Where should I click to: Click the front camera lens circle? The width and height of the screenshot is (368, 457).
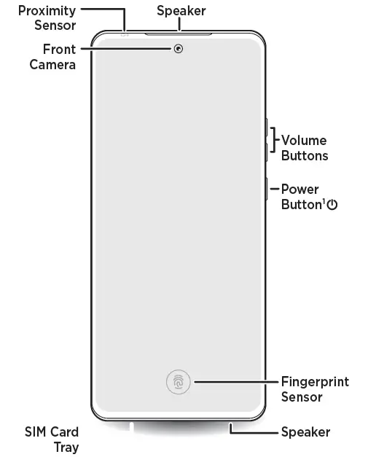(179, 49)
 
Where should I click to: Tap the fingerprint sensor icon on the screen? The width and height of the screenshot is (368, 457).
(179, 382)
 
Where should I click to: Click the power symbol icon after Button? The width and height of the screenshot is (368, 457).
(332, 205)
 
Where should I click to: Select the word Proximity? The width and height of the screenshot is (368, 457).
(47, 11)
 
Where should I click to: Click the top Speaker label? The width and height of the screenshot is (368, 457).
(181, 11)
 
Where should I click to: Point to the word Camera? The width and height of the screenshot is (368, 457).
(52, 64)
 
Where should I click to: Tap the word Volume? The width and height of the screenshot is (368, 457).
(304, 140)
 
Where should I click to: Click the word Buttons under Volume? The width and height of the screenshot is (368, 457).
(305, 156)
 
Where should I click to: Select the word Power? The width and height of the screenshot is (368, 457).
(300, 190)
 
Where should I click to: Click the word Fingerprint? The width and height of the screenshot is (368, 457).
(315, 382)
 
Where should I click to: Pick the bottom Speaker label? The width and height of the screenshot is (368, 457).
(305, 432)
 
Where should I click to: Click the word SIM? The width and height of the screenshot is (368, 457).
(34, 432)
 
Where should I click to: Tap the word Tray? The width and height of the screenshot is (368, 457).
(66, 448)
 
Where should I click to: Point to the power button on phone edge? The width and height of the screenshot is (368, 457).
(266, 189)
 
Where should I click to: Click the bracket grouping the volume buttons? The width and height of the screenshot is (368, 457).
(273, 140)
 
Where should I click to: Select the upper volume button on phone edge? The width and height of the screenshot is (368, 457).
(266, 127)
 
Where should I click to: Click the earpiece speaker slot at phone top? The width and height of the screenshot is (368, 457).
(179, 34)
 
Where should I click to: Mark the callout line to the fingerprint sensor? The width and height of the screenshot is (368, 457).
(236, 382)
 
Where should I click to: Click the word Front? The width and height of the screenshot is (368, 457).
(60, 50)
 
